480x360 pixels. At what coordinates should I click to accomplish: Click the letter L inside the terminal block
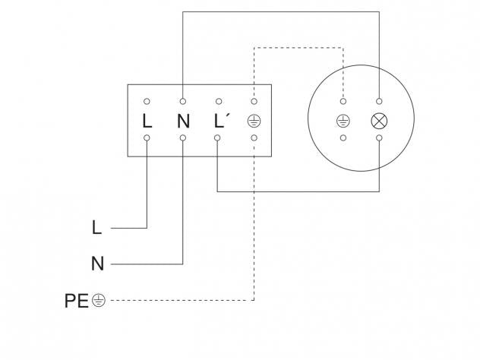coord(147,120)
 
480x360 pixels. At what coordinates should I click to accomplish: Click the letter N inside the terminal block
coord(182,120)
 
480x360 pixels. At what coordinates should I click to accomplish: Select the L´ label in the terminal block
coord(219,120)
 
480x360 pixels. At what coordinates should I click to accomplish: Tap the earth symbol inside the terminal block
coord(254,120)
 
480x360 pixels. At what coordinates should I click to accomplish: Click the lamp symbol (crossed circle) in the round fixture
coord(378,120)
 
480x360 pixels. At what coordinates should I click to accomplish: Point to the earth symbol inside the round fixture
coord(343,120)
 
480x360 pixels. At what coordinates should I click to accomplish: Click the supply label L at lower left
coord(96,227)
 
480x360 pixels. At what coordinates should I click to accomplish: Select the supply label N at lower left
coord(96,264)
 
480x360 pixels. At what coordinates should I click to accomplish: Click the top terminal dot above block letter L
coord(147,101)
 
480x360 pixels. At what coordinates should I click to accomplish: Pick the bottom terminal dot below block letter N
coord(182,138)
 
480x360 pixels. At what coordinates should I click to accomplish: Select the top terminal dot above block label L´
coord(218,101)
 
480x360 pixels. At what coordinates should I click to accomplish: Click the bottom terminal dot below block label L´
coord(218,138)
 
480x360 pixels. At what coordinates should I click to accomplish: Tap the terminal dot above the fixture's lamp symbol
coord(378,101)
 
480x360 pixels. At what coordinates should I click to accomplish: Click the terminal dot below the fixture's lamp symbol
coord(378,138)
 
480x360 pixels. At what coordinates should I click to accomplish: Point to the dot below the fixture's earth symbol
coord(343,138)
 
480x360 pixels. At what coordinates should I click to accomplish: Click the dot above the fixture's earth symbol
coord(343,101)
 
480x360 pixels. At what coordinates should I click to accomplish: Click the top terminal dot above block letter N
coord(182,101)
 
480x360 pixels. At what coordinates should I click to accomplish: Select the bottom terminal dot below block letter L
coord(147,138)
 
